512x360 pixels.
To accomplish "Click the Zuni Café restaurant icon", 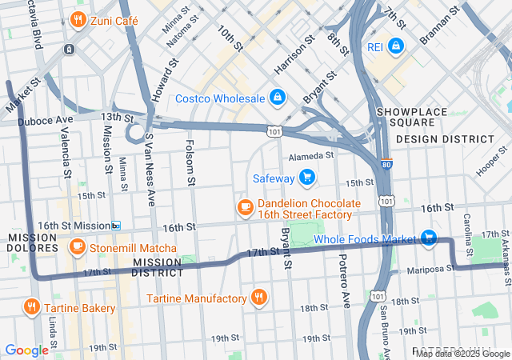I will point(78,20).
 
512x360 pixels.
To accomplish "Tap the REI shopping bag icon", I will point(395,47).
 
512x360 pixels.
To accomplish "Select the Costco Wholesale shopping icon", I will point(277,98).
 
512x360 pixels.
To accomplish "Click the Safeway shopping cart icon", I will point(306,178).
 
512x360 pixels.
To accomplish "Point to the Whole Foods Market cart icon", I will point(429,238).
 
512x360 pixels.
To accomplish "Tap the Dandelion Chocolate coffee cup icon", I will point(245,208).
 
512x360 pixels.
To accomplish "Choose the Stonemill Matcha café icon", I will point(78,246).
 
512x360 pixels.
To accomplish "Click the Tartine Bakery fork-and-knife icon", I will point(33,307).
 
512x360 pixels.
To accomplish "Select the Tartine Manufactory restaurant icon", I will point(258,298).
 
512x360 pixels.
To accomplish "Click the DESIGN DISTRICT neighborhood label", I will point(445,138).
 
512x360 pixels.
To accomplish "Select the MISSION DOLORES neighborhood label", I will point(33,242).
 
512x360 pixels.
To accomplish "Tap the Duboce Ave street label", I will point(46,120).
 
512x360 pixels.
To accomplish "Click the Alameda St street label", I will point(310,156).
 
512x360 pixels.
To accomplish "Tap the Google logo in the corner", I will point(26,350).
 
